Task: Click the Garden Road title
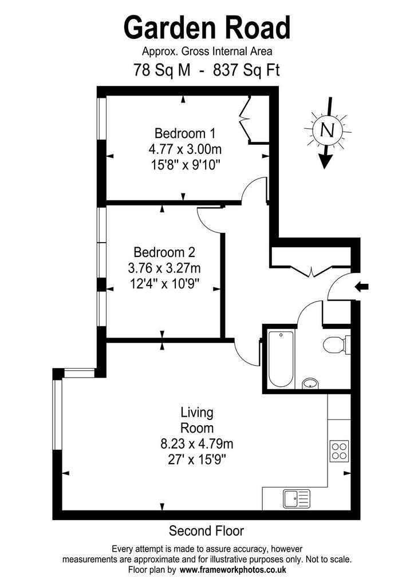[207, 27]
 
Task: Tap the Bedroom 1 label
[185, 133]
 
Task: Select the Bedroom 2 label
[164, 252]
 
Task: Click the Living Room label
[197, 420]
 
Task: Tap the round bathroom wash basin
[310, 383]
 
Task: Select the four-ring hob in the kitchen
[339, 450]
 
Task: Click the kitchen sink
[297, 498]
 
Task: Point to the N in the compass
[328, 130]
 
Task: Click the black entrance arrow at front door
[361, 287]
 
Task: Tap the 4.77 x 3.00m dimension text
[185, 149]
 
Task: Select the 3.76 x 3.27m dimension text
[164, 268]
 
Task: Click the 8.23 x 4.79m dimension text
[197, 444]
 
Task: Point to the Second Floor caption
[207, 530]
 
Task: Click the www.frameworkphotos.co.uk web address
[233, 570]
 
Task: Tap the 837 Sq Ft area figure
[246, 70]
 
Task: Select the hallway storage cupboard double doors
[311, 271]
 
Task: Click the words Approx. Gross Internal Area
[207, 51]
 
